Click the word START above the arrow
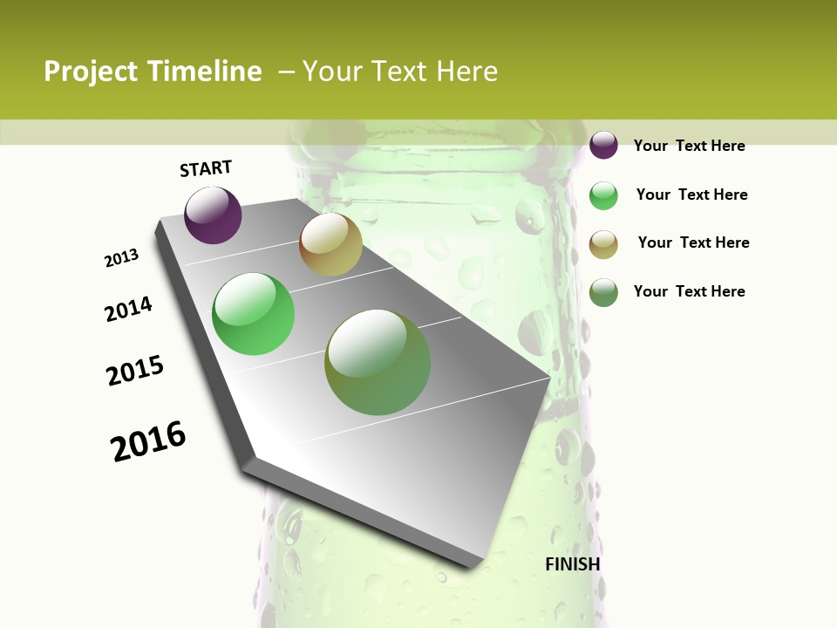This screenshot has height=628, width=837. click(x=206, y=168)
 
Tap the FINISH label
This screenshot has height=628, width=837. click(x=572, y=564)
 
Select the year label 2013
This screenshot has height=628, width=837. click(x=122, y=257)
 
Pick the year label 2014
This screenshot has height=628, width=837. click(x=129, y=309)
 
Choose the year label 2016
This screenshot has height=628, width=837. click(x=148, y=440)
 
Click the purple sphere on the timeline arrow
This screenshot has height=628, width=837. click(x=213, y=215)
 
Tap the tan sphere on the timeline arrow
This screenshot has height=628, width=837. click(x=330, y=244)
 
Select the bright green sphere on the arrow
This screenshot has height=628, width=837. click(x=254, y=314)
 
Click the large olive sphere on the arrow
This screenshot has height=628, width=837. click(x=378, y=362)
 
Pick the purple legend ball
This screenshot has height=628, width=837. click(x=603, y=145)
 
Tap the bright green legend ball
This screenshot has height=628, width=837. click(x=603, y=195)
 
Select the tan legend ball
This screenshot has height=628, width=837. click(x=603, y=244)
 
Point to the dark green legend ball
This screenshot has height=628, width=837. click(x=603, y=292)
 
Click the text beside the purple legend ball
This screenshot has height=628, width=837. click(x=689, y=146)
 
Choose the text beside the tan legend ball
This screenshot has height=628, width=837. click(x=693, y=242)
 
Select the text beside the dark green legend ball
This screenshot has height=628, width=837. click(x=689, y=291)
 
